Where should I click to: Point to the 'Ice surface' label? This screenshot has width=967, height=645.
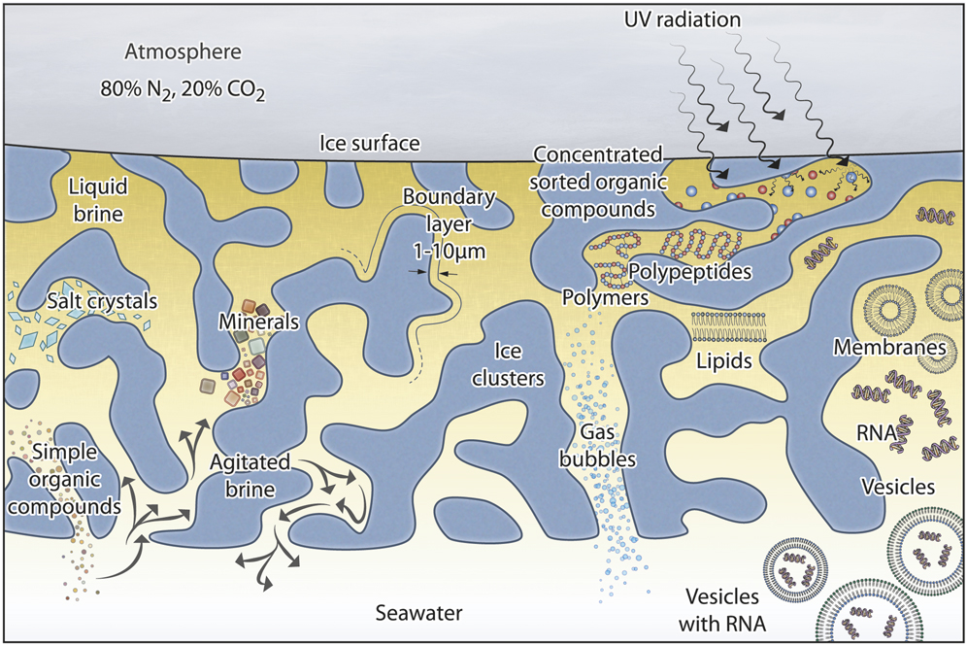pos(370,145)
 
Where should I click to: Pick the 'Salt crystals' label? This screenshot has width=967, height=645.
pos(101,302)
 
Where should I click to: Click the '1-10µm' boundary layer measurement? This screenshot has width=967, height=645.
pos(449,252)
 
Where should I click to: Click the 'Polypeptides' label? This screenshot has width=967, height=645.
pos(690,272)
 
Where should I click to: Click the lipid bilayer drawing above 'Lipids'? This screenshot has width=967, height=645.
pos(728,327)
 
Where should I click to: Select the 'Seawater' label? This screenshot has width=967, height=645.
pos(418,613)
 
